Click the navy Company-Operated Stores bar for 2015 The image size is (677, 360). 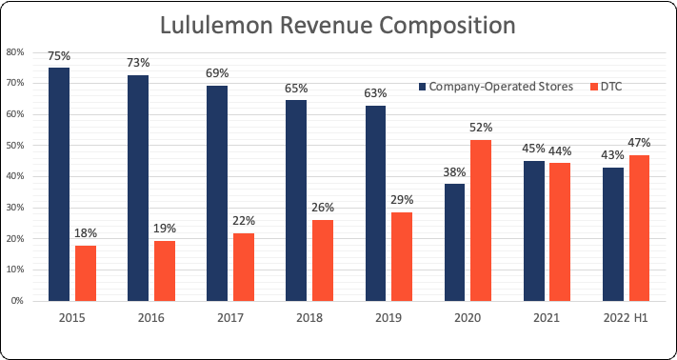pos(59,184)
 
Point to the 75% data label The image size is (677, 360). pos(59,56)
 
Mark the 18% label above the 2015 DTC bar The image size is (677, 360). pos(87,233)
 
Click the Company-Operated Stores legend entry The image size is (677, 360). pos(495,87)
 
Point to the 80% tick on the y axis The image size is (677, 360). pos(15,52)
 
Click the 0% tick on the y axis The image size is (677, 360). pos(17,301)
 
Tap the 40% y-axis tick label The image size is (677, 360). pos(15,176)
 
